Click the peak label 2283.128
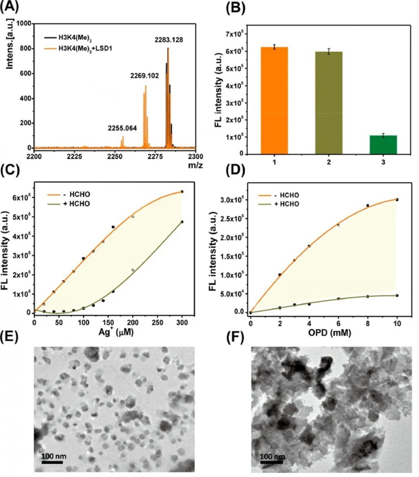pos(169,40)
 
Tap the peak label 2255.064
pos(123,128)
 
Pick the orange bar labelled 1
pos(274,100)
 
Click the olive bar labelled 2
pos(329,103)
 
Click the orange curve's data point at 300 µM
pos(182,192)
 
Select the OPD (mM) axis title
pos(324,332)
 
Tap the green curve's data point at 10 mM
pos(397,296)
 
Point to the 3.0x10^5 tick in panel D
pos(233,200)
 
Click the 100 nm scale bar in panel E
pos(52,462)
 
